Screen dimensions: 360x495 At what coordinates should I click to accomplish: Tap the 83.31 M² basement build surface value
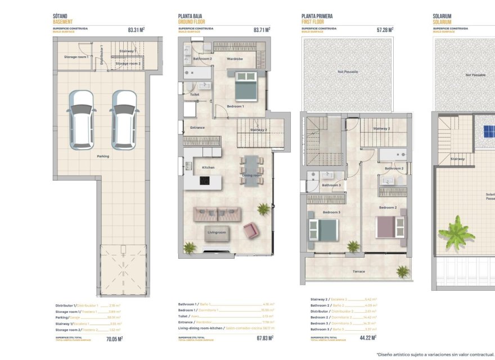[136, 30]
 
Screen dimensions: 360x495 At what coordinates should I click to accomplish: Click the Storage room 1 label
[75, 57]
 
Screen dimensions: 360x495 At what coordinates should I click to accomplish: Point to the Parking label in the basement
[103, 156]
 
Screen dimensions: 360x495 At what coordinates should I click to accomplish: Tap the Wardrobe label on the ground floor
[235, 58]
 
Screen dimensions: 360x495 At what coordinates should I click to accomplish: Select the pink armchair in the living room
[250, 229]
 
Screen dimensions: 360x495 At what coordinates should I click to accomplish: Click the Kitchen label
[208, 168]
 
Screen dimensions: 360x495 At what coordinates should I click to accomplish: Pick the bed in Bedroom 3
[323, 229]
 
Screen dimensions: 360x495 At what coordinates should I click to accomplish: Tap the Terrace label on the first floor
[358, 272]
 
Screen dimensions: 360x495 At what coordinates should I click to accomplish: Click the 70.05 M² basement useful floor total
[114, 339]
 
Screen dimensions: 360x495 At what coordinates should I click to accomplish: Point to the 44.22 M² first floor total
[367, 338]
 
